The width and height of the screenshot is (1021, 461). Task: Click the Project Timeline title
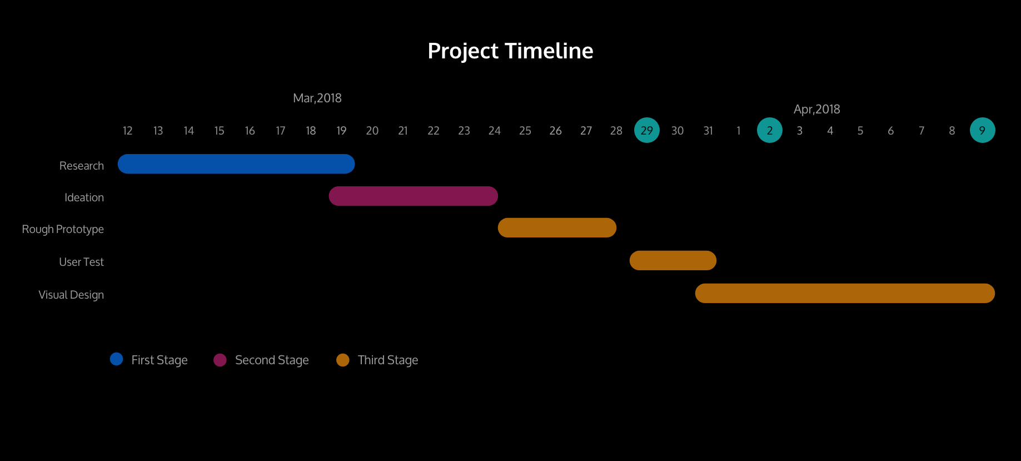click(x=510, y=51)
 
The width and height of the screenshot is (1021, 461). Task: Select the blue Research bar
click(x=236, y=164)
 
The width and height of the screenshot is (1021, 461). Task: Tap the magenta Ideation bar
click(x=414, y=196)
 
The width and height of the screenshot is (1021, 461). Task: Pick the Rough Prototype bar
click(x=557, y=228)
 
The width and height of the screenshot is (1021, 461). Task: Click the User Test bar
click(x=673, y=260)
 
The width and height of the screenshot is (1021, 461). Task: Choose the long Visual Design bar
click(x=845, y=293)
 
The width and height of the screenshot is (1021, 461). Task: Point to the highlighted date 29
click(x=647, y=130)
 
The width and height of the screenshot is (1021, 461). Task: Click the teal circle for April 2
click(x=770, y=130)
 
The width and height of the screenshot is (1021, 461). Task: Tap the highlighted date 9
click(x=983, y=130)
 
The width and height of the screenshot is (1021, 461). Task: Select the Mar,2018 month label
click(x=317, y=98)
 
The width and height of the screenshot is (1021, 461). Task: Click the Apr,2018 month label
click(x=817, y=110)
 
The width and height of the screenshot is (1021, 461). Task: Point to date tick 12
click(x=128, y=131)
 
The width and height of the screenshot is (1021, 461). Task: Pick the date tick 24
click(x=495, y=131)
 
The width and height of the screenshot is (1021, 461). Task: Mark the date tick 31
click(x=708, y=131)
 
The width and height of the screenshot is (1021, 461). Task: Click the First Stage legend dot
click(x=117, y=359)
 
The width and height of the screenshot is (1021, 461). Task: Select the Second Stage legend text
click(x=272, y=360)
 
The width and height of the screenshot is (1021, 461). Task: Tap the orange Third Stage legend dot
click(x=343, y=360)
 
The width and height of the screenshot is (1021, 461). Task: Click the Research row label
click(x=82, y=166)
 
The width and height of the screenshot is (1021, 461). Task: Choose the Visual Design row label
click(x=71, y=295)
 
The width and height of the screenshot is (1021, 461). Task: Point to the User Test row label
click(x=82, y=262)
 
